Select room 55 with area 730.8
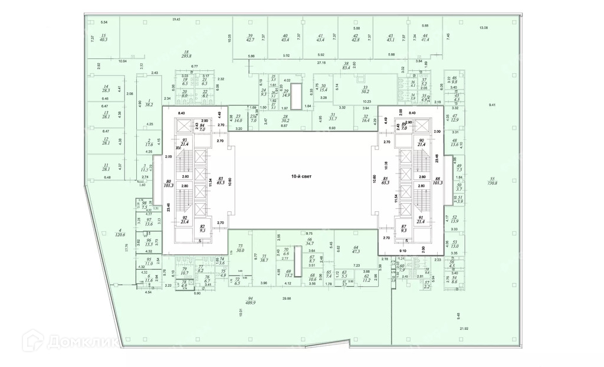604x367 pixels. click(x=493, y=180)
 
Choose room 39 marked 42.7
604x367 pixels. click(x=250, y=38)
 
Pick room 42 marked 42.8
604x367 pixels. click(x=355, y=38)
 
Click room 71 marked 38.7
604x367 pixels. click(x=264, y=258)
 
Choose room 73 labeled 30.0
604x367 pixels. click(x=239, y=248)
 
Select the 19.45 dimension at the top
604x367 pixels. click(x=175, y=20)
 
